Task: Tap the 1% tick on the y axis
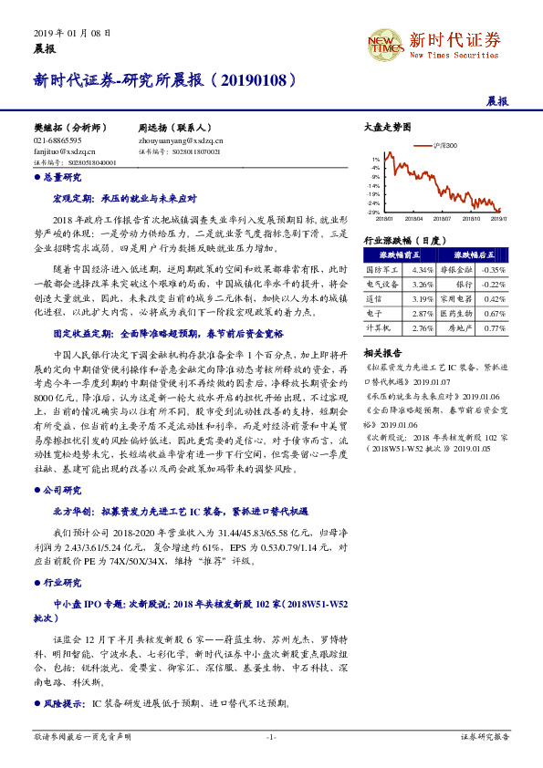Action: click(x=374, y=159)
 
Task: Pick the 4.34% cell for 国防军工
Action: click(x=423, y=270)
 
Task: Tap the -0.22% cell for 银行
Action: click(x=494, y=284)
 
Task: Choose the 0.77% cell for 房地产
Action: click(x=494, y=327)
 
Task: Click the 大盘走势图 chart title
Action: click(x=381, y=127)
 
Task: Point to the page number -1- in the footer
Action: click(x=270, y=736)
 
